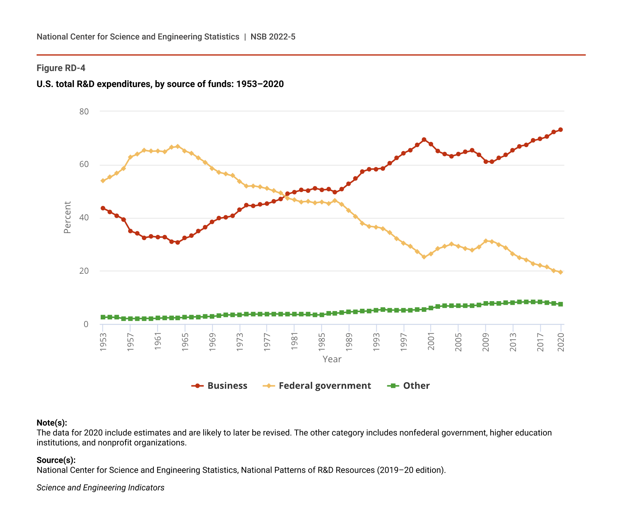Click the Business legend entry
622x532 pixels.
click(x=220, y=386)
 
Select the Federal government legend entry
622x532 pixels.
click(x=317, y=386)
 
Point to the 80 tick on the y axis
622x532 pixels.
click(x=84, y=111)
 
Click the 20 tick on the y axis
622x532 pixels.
click(x=84, y=271)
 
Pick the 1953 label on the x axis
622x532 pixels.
click(x=103, y=342)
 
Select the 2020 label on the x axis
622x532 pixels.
click(x=560, y=342)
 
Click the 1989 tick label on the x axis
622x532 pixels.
click(x=349, y=342)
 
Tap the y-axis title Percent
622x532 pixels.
click(x=67, y=217)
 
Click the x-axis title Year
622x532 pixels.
click(x=332, y=359)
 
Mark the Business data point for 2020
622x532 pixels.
click(x=560, y=130)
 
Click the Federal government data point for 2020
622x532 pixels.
click(x=560, y=272)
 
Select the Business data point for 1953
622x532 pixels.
click(x=103, y=208)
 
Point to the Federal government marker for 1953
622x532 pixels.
click(x=103, y=181)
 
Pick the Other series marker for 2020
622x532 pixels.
click(x=560, y=304)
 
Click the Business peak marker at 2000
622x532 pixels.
click(x=424, y=139)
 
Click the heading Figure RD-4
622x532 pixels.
click(x=61, y=68)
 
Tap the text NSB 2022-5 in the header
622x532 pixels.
click(x=273, y=37)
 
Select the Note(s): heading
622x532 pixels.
click(x=52, y=423)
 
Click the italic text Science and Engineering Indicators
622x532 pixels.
click(x=100, y=488)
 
